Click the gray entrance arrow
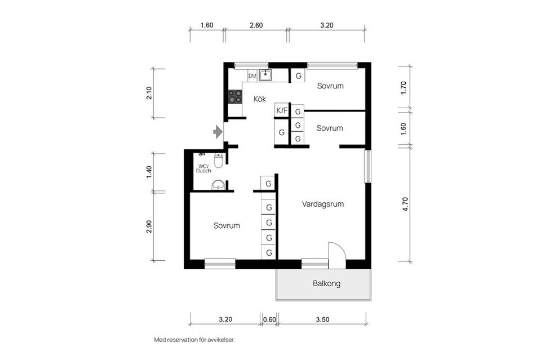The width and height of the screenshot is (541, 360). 218,132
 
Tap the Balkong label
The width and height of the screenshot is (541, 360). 326,283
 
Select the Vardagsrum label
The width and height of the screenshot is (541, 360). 323,204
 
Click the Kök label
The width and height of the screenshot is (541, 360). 260,99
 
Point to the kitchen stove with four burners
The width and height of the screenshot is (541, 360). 235,96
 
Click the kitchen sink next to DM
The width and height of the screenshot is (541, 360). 265,75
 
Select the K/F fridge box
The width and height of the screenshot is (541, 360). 282,110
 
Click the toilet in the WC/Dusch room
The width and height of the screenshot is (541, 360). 219,160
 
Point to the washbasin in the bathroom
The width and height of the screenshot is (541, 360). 218,185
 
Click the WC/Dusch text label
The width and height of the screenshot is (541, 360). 203,168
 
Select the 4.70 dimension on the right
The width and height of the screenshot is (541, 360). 405,204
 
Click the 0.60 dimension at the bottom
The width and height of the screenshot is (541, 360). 269,319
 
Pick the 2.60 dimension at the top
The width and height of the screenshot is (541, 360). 256,25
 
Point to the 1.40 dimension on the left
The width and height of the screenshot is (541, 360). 149,172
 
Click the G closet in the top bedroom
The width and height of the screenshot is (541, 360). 299,76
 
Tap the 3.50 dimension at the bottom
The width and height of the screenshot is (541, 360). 322,319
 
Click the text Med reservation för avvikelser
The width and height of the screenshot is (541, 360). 194,340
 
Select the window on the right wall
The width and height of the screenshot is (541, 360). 368,166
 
